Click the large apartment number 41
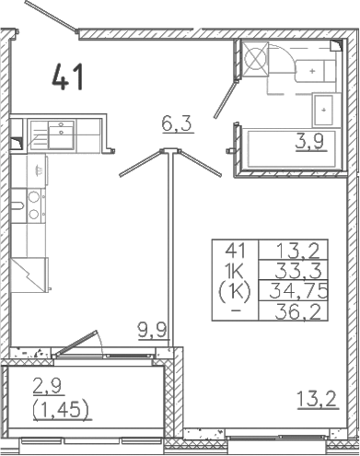pyautogui.click(x=68, y=76)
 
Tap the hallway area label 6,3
pyautogui.click(x=170, y=122)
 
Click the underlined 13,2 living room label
pyautogui.click(x=314, y=399)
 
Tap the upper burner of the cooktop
pyautogui.click(x=34, y=196)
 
